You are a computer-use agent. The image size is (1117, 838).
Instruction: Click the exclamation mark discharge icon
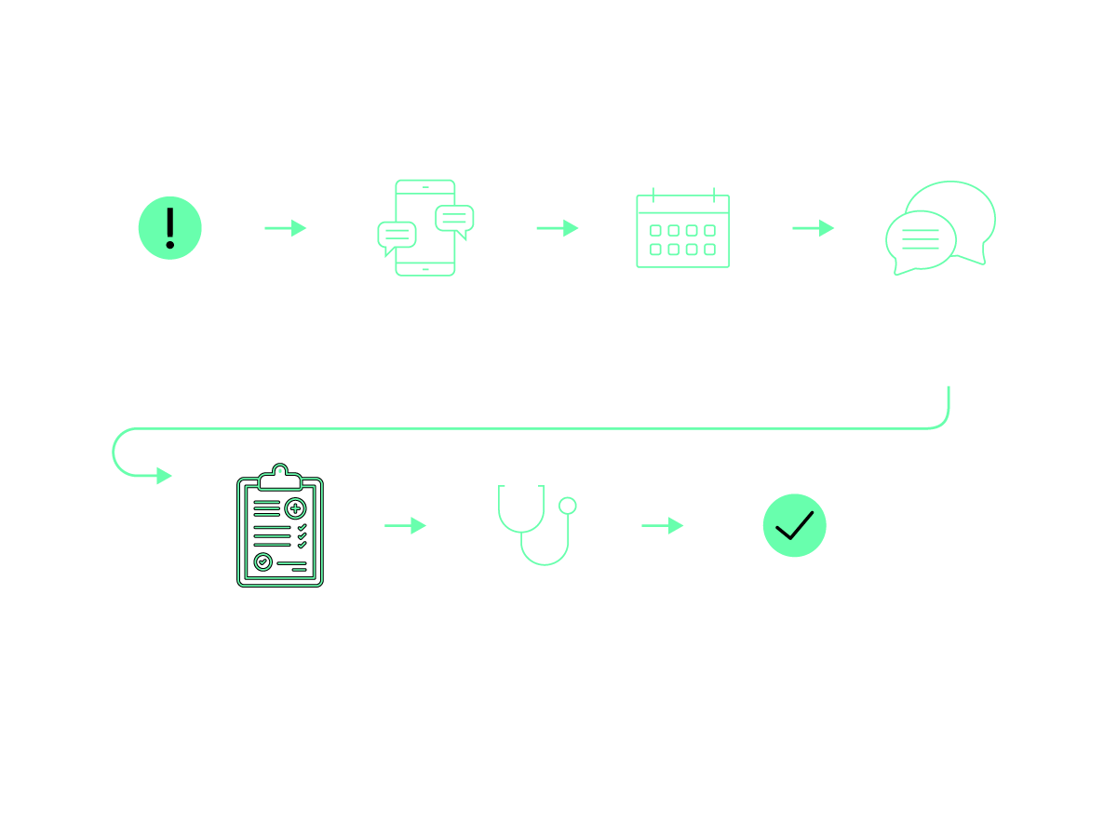[169, 227]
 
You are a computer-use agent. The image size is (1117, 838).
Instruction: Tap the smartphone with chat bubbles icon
[425, 227]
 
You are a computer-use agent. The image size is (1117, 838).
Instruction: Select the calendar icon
[682, 229]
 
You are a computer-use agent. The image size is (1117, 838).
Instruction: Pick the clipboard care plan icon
[280, 526]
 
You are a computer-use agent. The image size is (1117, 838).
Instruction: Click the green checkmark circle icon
[795, 525]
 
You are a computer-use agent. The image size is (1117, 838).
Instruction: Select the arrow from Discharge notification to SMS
[285, 228]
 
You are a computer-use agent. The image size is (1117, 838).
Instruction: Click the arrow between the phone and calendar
[558, 228]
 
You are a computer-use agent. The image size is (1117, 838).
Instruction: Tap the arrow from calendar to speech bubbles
[813, 228]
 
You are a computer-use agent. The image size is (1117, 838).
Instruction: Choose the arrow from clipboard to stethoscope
[405, 526]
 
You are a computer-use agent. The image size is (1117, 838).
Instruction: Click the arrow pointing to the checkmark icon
[662, 526]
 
